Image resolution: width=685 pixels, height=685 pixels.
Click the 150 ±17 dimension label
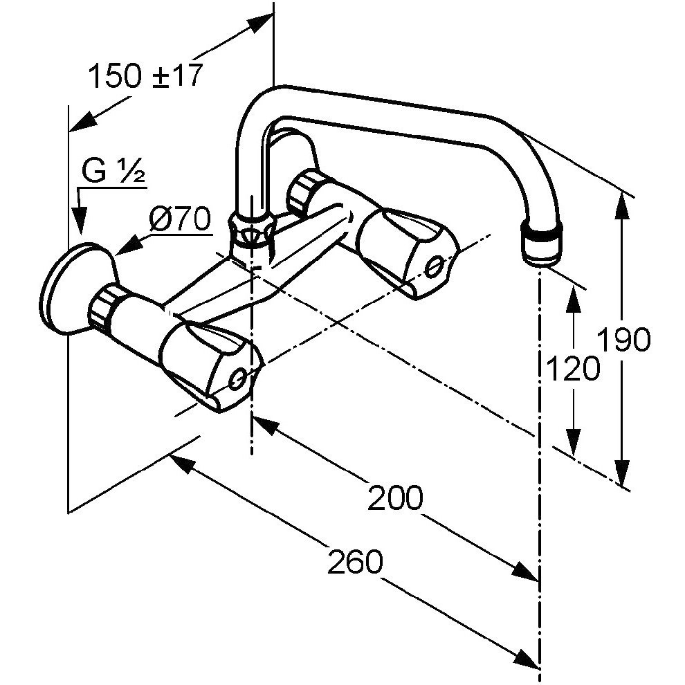[146, 75]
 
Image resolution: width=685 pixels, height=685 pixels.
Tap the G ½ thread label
[113, 172]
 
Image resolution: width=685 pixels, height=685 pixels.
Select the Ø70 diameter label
[179, 219]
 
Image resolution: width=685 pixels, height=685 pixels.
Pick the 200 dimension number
[395, 497]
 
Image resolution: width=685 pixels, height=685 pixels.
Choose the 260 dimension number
[355, 561]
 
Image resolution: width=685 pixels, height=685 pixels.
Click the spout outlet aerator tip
[541, 245]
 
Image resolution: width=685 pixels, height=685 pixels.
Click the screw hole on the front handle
[237, 378]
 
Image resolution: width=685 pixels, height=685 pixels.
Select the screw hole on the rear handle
[435, 266]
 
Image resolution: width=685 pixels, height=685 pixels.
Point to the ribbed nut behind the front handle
[104, 307]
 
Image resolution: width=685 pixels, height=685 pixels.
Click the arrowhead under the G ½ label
[79, 221]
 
